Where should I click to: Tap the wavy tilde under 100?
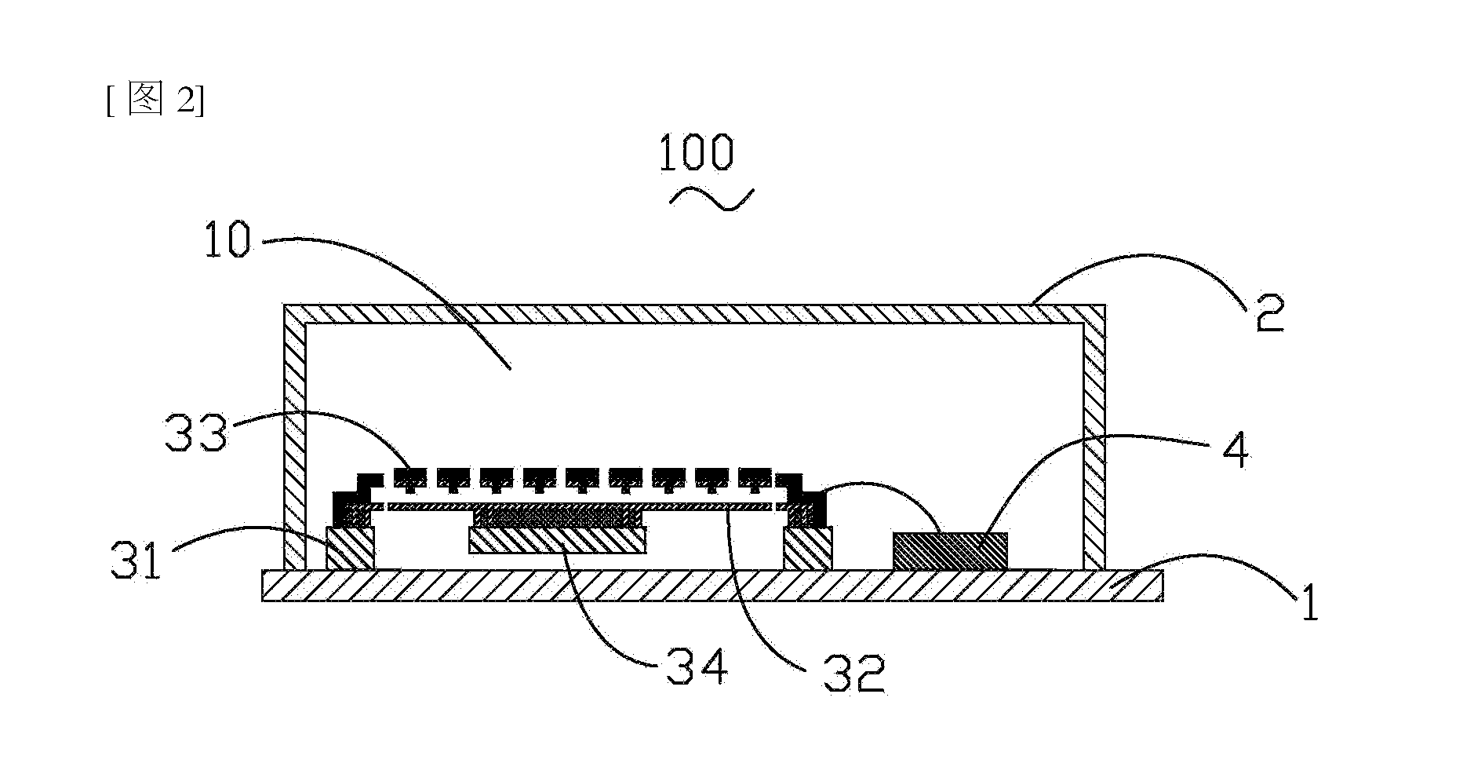coord(711,199)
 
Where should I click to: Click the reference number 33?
coord(196,433)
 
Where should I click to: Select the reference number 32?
coord(854,674)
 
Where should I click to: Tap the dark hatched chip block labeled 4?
coord(950,550)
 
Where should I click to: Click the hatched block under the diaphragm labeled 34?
coord(557,540)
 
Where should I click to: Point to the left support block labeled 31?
coord(350,548)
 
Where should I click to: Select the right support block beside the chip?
coord(808,548)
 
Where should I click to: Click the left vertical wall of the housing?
coord(294,436)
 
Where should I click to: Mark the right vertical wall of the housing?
coord(1095,436)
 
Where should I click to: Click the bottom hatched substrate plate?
coord(712,586)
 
